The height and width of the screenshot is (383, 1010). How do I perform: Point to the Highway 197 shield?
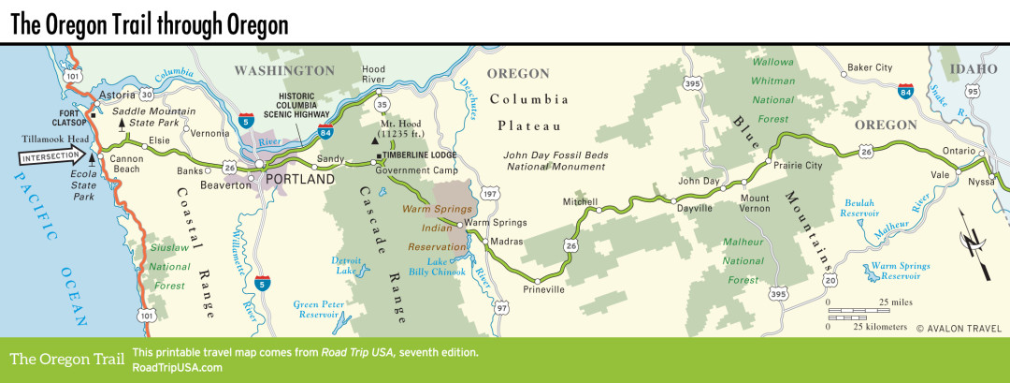point(489,193)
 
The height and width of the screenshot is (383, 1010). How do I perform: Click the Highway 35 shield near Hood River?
point(382,95)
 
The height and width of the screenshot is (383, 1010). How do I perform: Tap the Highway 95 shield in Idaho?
point(973,91)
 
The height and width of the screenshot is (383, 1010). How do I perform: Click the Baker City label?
point(870,67)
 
